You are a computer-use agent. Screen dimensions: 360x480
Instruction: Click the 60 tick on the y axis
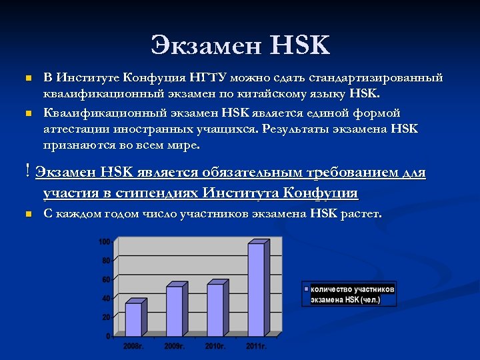106,279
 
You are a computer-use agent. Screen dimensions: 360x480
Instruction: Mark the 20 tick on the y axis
106,317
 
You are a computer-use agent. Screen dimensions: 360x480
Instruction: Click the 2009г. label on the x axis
174,346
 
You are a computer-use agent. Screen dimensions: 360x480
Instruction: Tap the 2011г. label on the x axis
256,346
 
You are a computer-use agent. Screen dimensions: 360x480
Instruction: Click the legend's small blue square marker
307,290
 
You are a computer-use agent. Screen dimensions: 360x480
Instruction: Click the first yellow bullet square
27,79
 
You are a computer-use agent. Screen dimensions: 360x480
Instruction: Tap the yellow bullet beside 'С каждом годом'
27,214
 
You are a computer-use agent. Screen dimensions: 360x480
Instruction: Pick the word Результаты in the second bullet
292,128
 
